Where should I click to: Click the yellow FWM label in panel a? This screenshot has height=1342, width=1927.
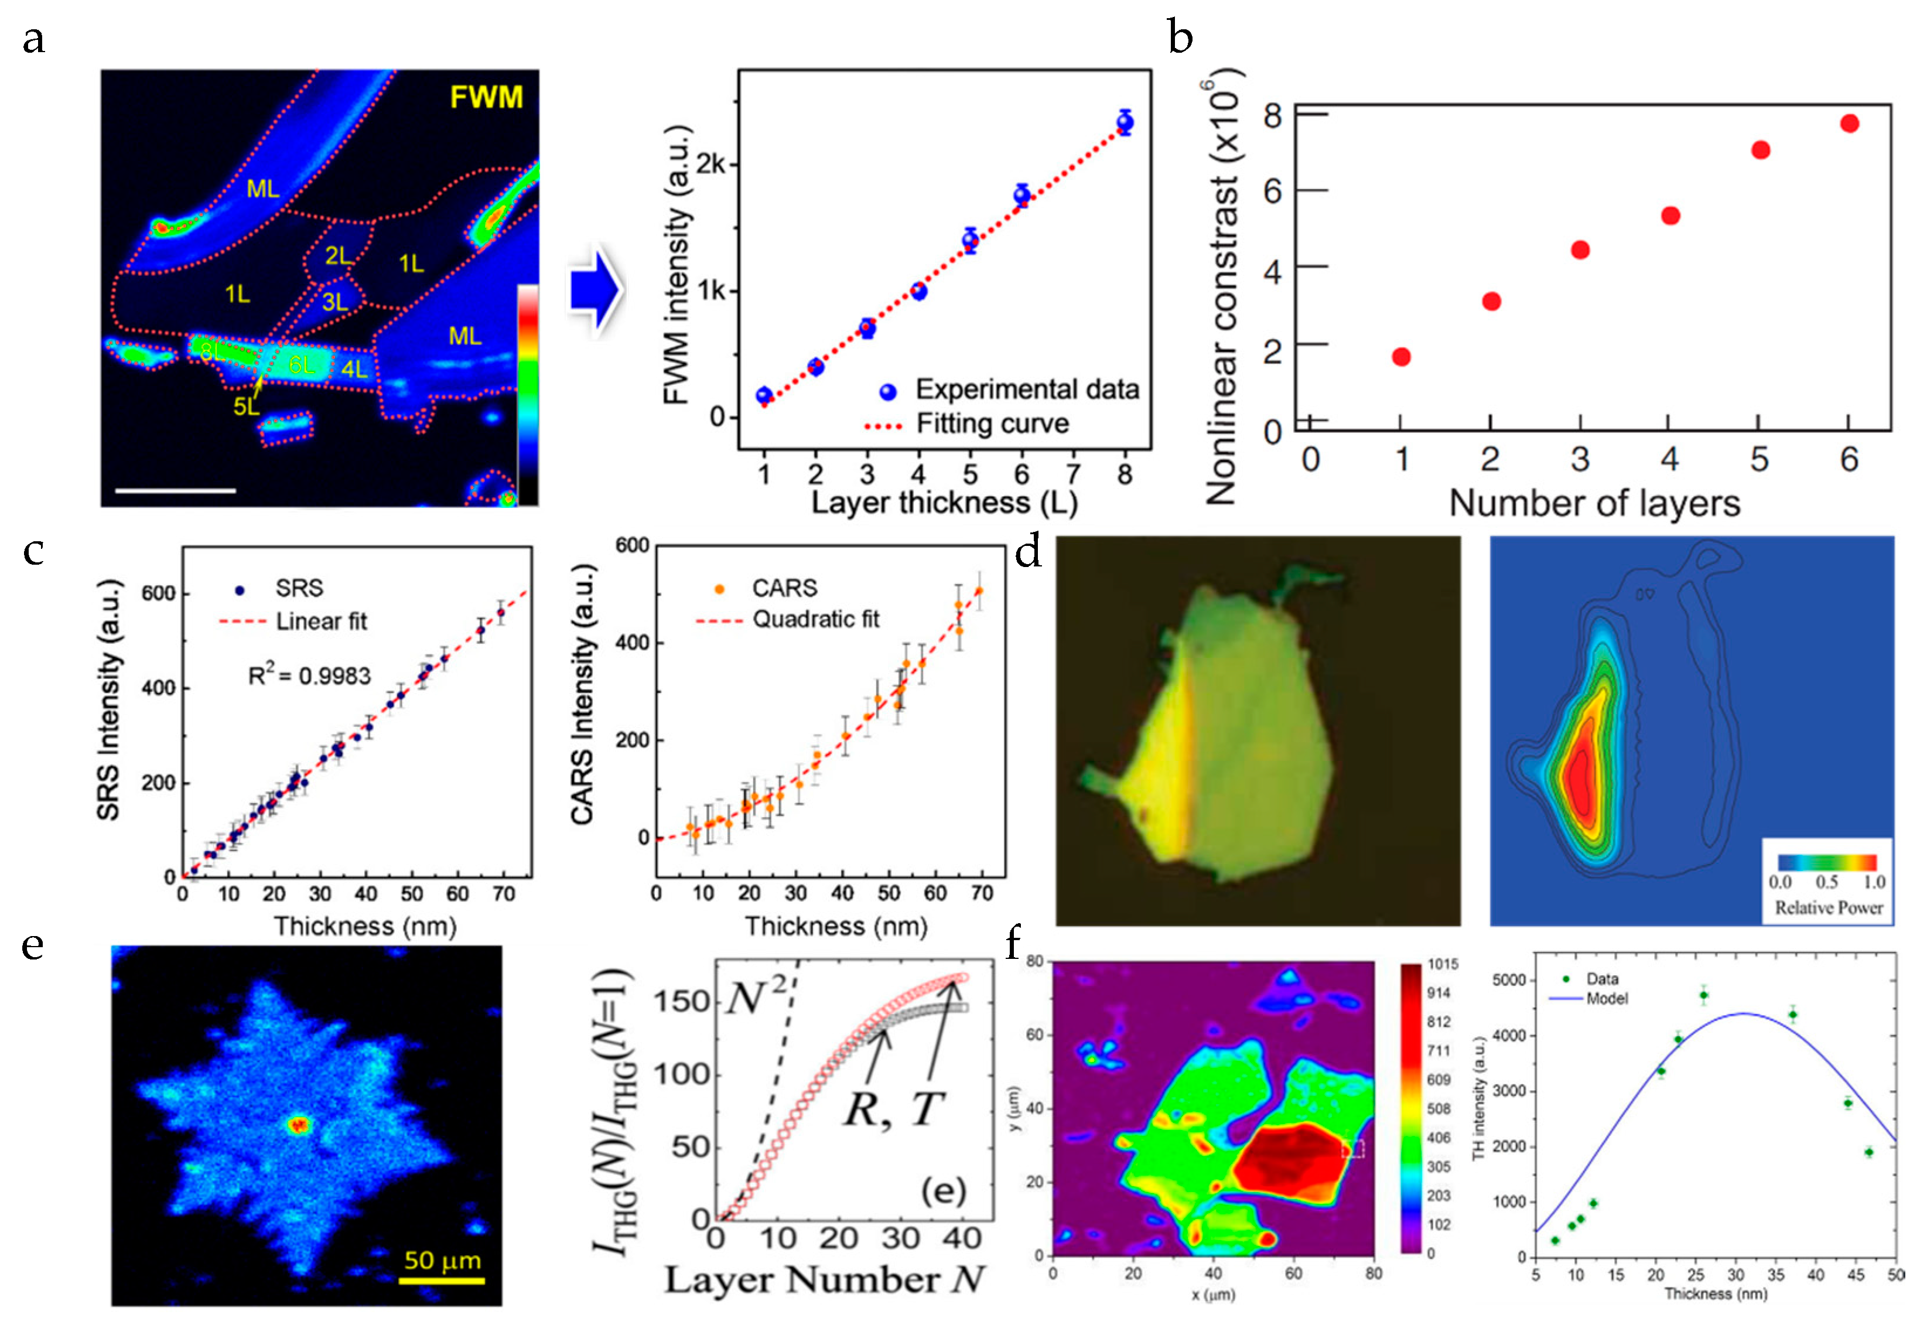click(x=486, y=97)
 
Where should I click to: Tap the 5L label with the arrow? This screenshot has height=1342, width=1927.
click(x=247, y=406)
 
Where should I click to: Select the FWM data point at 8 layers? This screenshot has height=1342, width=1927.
click(x=1125, y=122)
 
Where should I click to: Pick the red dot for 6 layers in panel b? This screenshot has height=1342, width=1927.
click(x=1849, y=124)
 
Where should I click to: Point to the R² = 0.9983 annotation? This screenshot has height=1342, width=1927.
click(x=309, y=675)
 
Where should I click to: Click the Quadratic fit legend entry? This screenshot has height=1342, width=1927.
click(x=814, y=619)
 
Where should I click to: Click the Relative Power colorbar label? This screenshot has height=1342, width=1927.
click(x=1828, y=907)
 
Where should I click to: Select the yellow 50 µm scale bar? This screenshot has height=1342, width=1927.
click(x=442, y=1280)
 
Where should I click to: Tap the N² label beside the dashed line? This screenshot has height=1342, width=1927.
click(x=756, y=999)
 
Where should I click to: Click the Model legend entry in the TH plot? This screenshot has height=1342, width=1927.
click(x=1607, y=999)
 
